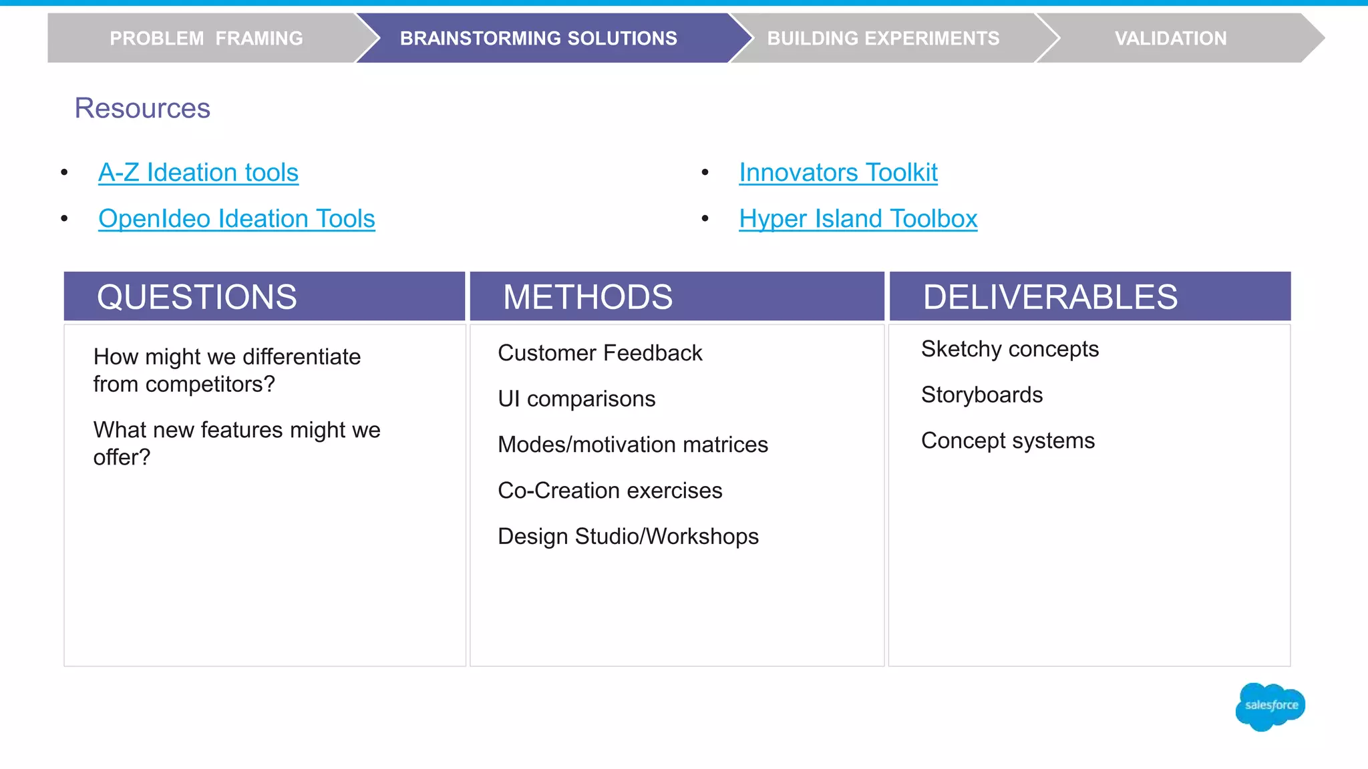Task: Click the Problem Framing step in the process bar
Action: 206,39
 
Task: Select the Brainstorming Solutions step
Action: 538,39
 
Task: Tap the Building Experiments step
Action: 883,39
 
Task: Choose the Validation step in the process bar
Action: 1170,39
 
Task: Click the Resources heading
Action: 142,108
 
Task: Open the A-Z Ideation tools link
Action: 198,173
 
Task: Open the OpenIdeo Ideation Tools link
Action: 236,219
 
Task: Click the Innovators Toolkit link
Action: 838,173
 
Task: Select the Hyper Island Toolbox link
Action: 858,219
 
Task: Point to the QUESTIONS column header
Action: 197,297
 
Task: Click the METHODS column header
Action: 588,297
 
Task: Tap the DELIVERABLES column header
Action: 1050,297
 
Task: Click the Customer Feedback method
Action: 600,353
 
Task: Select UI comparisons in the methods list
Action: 576,399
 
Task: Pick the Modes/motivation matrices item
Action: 633,445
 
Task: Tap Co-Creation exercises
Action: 610,491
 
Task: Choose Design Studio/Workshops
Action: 628,537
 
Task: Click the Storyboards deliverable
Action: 981,395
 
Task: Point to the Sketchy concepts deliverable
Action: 1009,349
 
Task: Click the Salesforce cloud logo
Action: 1270,706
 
